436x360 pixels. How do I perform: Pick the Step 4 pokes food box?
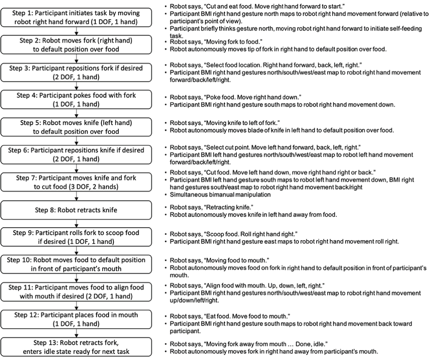pyautogui.click(x=76, y=99)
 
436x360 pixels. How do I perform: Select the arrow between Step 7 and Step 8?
pyautogui.click(x=76, y=196)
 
